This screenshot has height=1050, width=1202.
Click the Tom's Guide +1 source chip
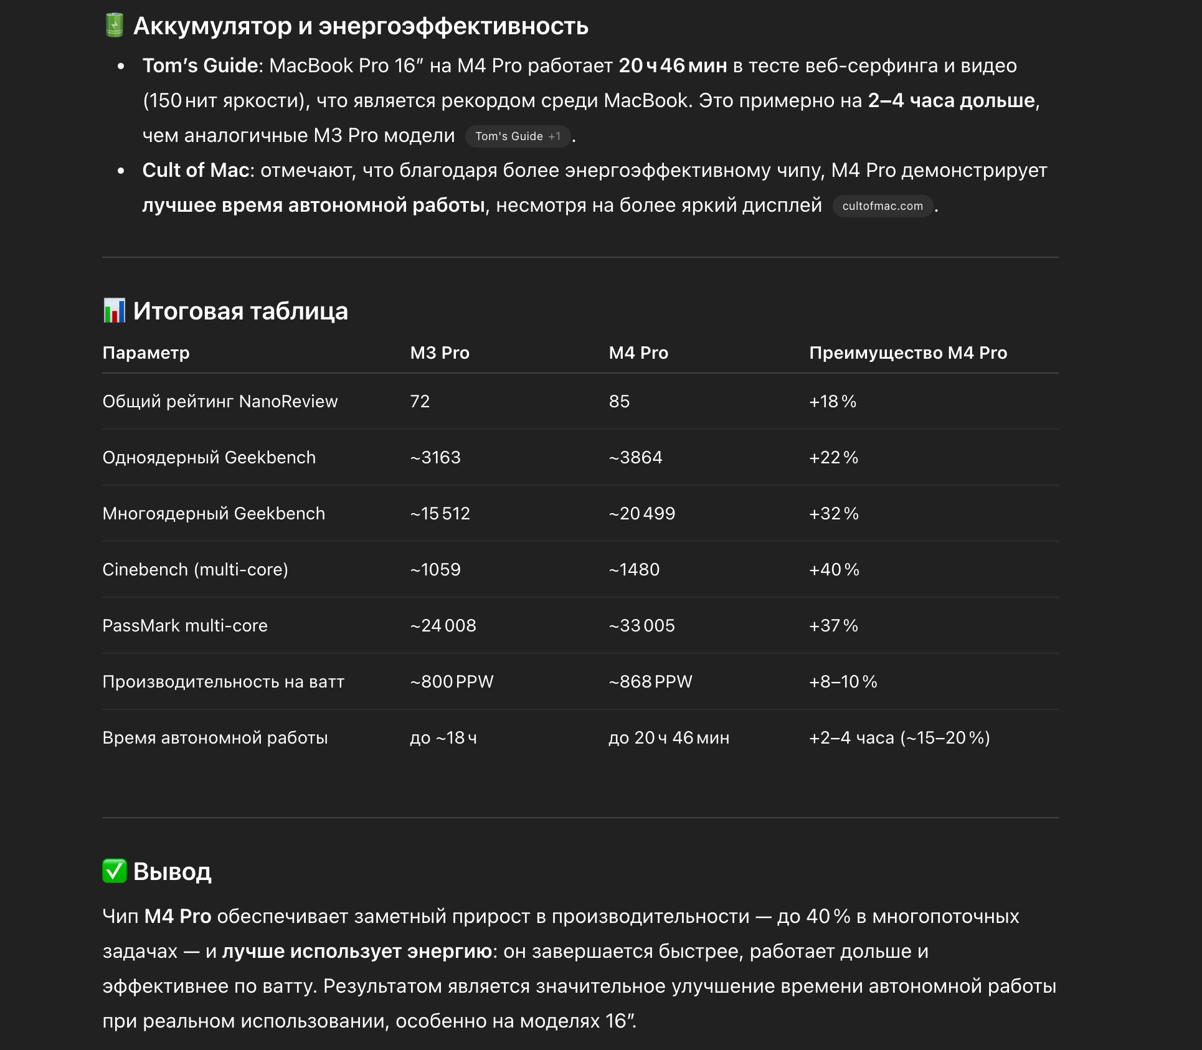518,136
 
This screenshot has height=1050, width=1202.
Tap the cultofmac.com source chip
882,206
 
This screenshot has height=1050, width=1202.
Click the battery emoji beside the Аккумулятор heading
115,26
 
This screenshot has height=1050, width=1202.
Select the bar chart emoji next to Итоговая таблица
115,311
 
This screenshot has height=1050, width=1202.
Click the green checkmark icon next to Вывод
115,871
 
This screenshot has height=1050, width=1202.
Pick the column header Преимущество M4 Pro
907,353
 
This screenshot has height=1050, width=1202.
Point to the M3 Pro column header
440,353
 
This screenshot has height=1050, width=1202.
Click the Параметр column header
146,353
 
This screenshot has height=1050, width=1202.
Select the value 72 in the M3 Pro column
420,402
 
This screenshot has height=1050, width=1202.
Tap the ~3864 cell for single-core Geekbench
635,458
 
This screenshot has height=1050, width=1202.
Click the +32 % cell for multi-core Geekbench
833,514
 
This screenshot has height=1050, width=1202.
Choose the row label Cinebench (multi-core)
195,570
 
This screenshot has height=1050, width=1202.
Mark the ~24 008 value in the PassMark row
443,626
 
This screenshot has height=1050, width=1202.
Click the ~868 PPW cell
650,682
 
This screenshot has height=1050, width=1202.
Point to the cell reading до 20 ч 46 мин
668,738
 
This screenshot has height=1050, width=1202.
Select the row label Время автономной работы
215,738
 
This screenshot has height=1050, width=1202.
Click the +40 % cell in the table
833,570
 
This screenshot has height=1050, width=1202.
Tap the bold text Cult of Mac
196,171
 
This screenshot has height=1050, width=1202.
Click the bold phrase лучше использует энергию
357,952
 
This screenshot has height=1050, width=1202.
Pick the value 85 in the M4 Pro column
619,402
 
